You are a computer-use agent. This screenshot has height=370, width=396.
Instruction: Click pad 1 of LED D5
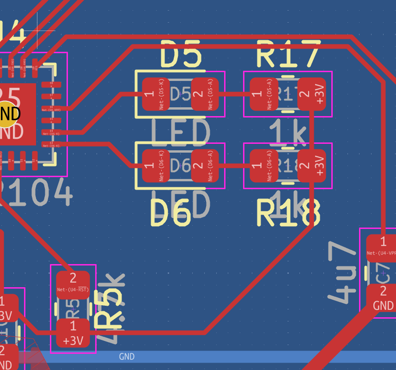pos(155,94)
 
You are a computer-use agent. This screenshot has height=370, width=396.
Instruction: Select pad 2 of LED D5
pos(205,94)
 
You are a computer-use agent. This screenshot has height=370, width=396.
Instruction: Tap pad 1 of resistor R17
pos(263,94)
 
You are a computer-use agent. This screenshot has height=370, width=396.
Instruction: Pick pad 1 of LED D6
pos(155,166)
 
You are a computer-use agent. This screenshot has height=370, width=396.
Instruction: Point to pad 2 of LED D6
pos(205,166)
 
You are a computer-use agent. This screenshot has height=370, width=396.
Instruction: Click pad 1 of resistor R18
pos(263,166)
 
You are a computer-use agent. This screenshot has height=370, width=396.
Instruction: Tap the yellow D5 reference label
pos(181,55)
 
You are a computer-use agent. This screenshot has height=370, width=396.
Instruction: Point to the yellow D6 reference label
pos(171,215)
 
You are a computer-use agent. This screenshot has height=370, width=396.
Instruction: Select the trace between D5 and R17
pos(234,94)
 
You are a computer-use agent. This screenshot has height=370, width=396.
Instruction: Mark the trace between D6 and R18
pos(234,166)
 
